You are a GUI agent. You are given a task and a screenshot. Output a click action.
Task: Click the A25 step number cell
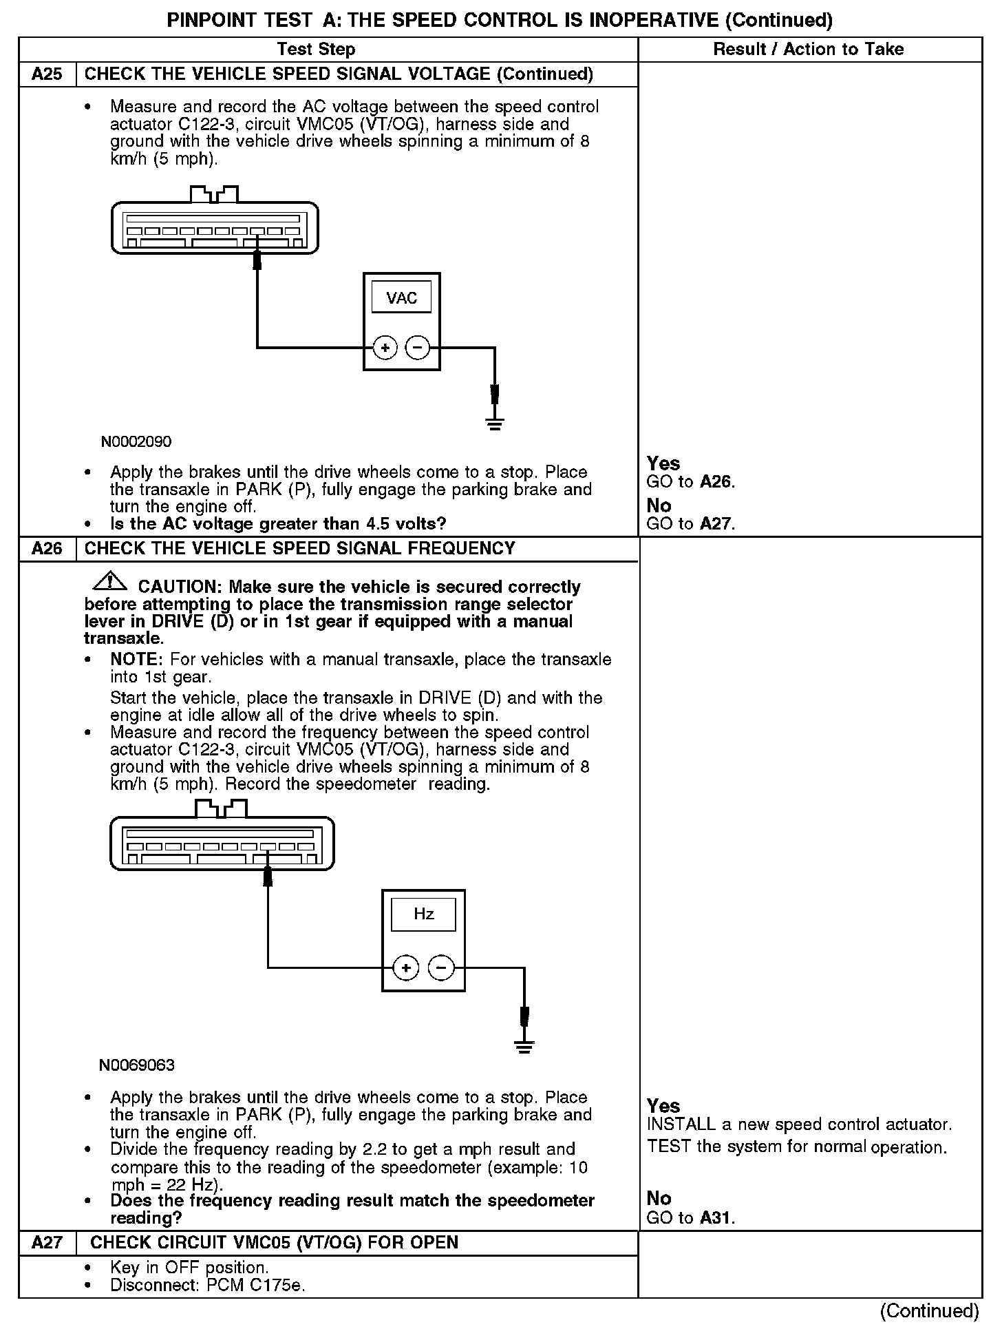[47, 74]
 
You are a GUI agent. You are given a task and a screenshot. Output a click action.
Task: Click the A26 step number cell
[47, 549]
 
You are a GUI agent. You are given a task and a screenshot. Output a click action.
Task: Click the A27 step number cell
[47, 1243]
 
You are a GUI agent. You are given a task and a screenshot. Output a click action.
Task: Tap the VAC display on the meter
[401, 298]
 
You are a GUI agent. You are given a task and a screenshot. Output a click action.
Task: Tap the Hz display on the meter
[423, 914]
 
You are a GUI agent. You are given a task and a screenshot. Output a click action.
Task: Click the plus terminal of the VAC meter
[385, 348]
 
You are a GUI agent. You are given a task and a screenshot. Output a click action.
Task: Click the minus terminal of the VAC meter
[417, 348]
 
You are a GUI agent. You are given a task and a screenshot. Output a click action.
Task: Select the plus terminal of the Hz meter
[406, 968]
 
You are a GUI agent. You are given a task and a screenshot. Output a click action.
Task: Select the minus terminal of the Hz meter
[441, 968]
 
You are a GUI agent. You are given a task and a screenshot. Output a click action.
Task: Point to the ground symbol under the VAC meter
[494, 423]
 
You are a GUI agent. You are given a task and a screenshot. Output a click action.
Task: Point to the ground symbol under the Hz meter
[524, 1047]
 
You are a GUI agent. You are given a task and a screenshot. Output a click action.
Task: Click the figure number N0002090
[136, 442]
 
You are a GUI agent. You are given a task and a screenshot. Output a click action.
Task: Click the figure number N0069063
[137, 1065]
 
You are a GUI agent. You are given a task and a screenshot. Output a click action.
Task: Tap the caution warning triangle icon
[109, 583]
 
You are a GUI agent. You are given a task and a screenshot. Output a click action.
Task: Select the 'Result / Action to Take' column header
[809, 49]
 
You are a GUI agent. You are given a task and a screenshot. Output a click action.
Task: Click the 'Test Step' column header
[316, 49]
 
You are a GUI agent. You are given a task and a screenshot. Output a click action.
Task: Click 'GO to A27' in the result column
[691, 524]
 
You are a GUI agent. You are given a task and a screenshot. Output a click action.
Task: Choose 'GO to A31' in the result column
[691, 1218]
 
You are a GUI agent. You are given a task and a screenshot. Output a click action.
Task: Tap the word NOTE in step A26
[136, 660]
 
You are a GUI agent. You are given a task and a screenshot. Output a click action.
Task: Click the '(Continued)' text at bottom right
[929, 1311]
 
